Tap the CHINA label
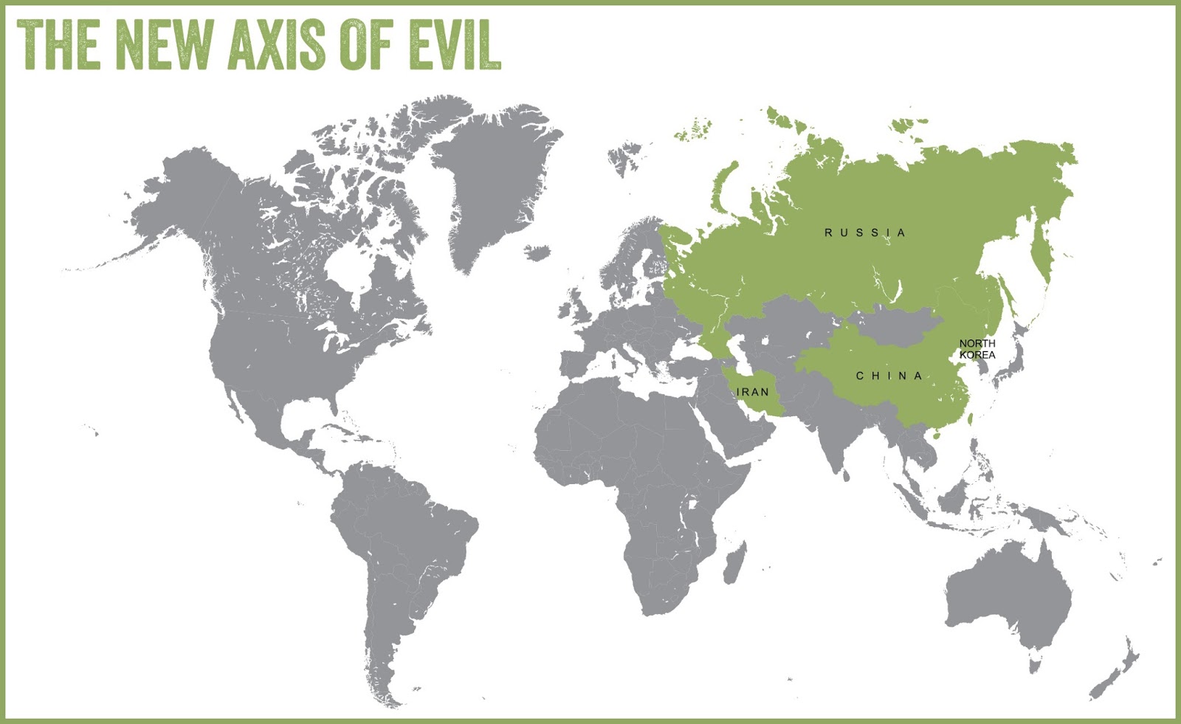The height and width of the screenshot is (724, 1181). (x=889, y=376)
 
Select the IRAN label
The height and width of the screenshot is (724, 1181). (x=753, y=392)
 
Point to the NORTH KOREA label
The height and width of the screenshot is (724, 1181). (x=977, y=349)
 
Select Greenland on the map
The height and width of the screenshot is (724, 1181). (x=495, y=177)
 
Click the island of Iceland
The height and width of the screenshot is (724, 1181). (x=538, y=253)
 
